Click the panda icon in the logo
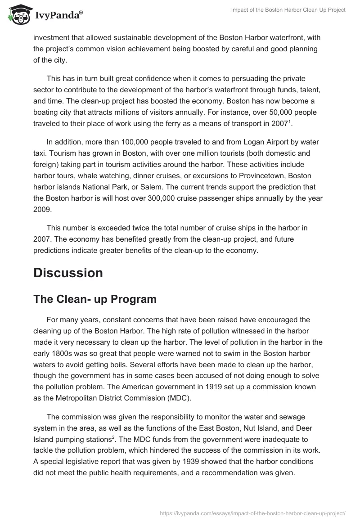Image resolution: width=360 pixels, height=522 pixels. [18, 15]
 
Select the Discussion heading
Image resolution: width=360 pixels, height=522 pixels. [68, 273]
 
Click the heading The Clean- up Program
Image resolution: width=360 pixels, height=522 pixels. [95, 299]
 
